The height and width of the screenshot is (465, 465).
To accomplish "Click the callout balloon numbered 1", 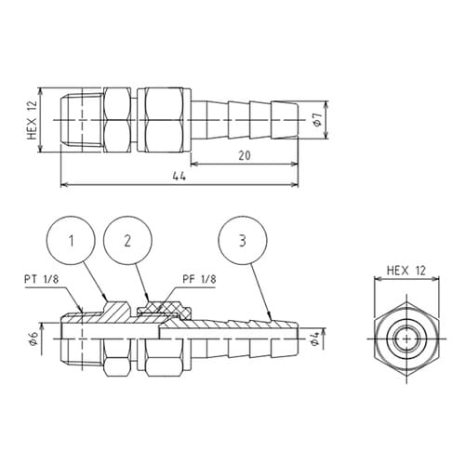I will (x=72, y=242).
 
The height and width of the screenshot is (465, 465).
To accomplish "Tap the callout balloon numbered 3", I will (x=243, y=242).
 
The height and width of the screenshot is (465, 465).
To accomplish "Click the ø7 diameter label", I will (x=317, y=121).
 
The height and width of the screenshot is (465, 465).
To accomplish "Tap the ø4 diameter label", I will (x=318, y=341).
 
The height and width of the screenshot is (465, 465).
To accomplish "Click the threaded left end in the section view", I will (x=78, y=340).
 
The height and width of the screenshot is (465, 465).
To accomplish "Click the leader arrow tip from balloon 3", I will (x=270, y=319).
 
